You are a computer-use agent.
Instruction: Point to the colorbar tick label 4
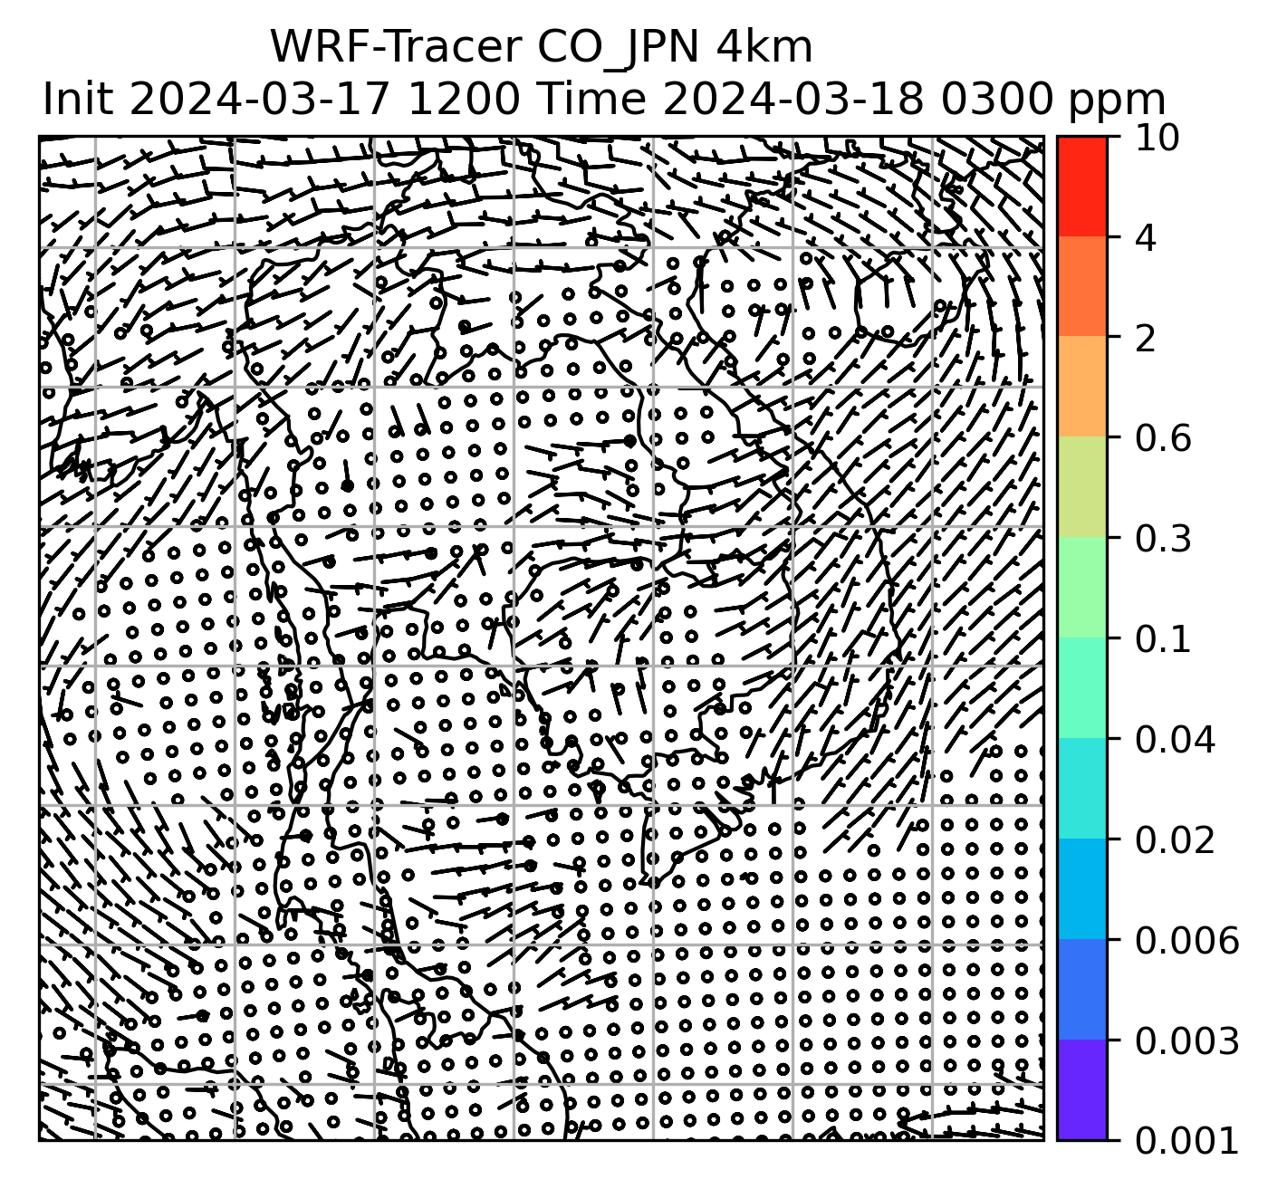[x=1146, y=238]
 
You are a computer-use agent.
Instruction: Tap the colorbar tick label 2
[x=1146, y=339]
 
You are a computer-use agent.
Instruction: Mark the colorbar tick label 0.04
[x=1174, y=740]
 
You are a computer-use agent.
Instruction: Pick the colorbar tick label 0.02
[x=1174, y=840]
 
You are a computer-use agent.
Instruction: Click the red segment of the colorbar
[x=1082, y=187]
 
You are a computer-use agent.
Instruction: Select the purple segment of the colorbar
[x=1082, y=1089]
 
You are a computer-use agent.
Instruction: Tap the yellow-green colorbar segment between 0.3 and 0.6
[x=1082, y=488]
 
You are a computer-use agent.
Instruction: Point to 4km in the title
[x=764, y=47]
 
